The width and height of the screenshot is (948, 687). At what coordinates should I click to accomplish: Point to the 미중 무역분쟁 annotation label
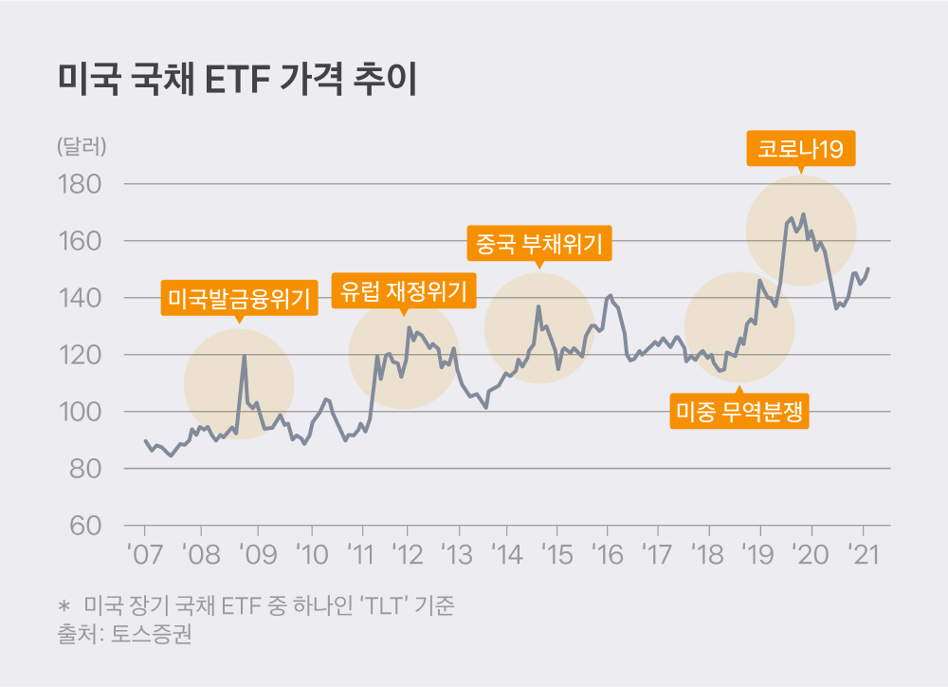[x=739, y=411]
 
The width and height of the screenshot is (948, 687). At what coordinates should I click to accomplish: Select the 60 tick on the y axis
[x=86, y=526]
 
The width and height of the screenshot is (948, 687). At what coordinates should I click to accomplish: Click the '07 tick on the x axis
[x=145, y=553]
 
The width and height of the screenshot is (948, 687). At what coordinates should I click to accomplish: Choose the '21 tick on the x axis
[x=864, y=553]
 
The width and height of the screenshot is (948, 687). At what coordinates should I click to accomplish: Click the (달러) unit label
[x=82, y=147]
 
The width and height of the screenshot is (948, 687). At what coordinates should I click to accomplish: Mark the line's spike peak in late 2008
[x=245, y=356]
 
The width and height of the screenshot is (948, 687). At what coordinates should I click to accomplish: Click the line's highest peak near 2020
[x=803, y=214]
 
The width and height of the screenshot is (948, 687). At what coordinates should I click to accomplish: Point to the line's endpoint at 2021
[x=868, y=269]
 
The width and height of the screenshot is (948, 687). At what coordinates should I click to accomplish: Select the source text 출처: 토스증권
[x=124, y=635]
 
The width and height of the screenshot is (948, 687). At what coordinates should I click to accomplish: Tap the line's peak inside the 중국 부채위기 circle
[x=538, y=306]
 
